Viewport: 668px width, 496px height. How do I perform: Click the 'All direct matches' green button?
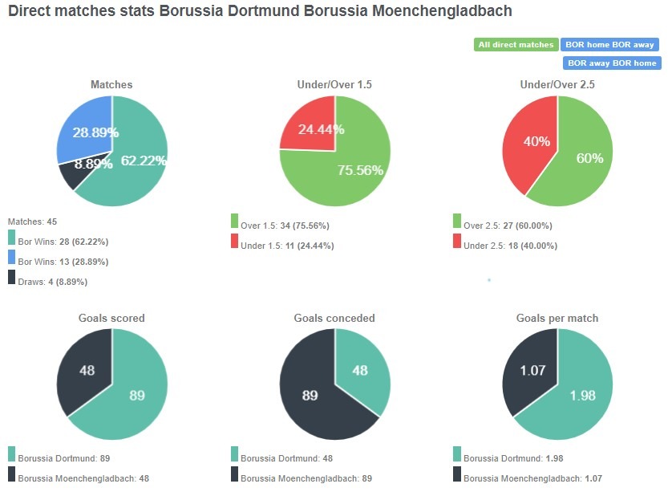coord(516,45)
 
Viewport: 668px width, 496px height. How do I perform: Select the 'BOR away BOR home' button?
coord(612,63)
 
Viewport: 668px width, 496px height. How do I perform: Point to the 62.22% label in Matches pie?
coord(143,161)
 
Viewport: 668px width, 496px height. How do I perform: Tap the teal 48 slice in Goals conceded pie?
coord(361,371)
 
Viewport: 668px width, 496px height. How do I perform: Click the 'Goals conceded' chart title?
coord(334,318)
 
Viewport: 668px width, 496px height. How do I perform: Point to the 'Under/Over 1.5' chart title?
coord(334,84)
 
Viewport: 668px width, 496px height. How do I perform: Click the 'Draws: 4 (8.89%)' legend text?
coord(52,282)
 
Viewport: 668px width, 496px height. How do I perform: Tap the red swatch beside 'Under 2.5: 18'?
coord(457,241)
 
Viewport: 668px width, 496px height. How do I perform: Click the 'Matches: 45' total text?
coord(32,221)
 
